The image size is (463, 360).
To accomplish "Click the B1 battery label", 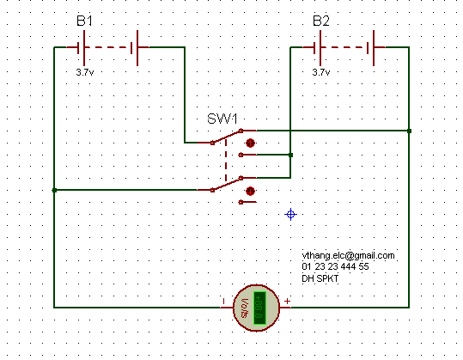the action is pos(84,21).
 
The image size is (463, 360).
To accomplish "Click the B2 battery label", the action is pos(321,21).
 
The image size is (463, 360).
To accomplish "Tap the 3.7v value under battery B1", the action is pos(85,72).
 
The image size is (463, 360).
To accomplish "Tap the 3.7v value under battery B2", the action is pos(321,72).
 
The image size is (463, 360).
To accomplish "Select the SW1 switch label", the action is pos(222,119).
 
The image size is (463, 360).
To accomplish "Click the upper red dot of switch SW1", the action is pos(250,143).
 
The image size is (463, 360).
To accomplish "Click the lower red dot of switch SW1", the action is pos(250,191).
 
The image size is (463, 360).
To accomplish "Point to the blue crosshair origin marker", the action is pos(290,214).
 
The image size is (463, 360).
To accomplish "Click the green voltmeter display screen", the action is pos(259,308).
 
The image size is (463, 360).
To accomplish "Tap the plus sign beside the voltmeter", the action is pos(287,301).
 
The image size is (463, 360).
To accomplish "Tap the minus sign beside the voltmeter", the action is pos(223,302).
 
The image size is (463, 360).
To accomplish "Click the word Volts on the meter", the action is pos(245,308).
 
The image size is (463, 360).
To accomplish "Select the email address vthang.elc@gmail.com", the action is pos(348,255).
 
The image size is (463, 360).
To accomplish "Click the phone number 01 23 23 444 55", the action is pos(335,266).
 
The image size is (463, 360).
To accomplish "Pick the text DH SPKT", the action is pos(320,278).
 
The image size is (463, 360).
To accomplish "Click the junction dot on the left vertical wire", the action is pos(54,190).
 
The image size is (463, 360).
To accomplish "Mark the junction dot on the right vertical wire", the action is pos(409,131).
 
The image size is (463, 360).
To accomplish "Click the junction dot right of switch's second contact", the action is pos(290,155).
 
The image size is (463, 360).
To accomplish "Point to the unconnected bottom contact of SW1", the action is pos(241,202).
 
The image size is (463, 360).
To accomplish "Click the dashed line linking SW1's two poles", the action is pos(226,161).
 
